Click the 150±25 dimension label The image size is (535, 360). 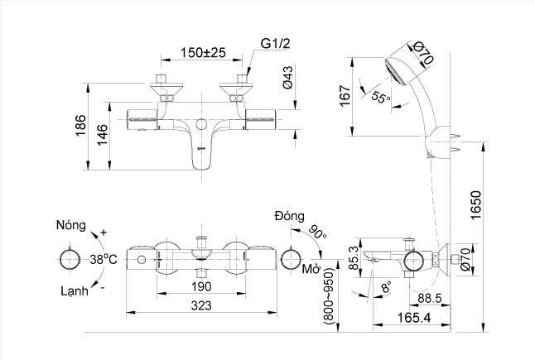(x=204, y=53)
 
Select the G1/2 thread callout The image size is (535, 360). (x=276, y=42)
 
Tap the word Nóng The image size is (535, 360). (x=71, y=224)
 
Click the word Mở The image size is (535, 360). (x=311, y=271)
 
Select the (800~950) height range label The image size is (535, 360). (x=330, y=296)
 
